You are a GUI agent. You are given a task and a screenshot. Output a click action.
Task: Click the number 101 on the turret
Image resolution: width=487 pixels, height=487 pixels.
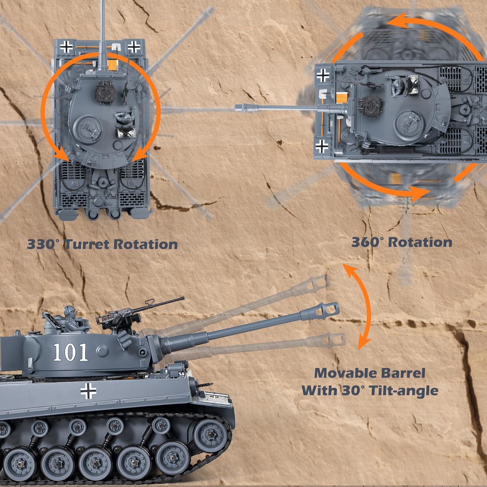click(x=71, y=352)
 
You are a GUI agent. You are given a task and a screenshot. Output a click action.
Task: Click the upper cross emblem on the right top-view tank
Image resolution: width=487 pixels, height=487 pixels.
click(x=323, y=75)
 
